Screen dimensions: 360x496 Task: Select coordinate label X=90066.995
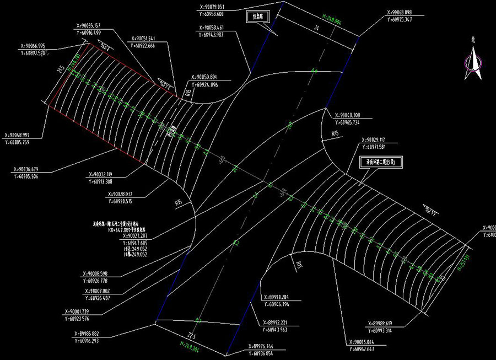33,46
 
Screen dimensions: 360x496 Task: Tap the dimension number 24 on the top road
317,28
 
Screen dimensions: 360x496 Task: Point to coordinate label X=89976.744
268,346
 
